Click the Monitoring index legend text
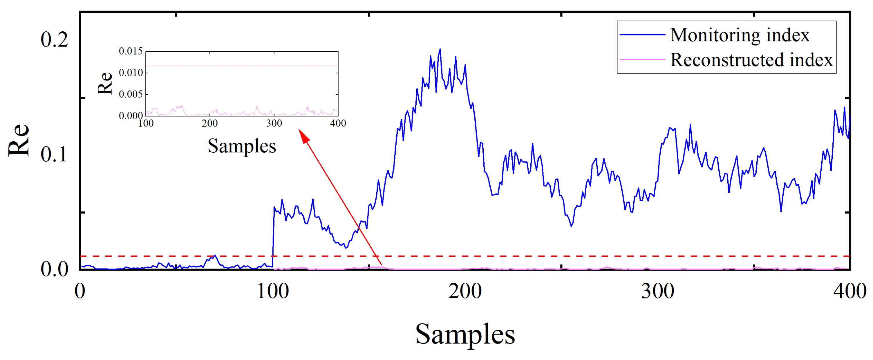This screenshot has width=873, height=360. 740,35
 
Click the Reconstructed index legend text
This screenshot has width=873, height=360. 751,60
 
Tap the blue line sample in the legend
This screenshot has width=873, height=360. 642,35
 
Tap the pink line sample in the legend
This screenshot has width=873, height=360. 642,60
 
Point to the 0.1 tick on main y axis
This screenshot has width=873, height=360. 54,154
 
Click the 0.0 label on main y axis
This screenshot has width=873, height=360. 54,269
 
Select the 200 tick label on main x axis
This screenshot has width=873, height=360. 465,291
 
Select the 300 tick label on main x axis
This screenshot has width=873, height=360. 657,291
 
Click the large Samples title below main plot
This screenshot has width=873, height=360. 465,334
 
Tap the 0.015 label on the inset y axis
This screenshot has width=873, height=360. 131,51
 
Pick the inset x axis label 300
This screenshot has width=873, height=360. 274,123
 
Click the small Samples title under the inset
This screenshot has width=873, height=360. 242,146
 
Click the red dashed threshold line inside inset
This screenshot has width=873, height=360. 242,66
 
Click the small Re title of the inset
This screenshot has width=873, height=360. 105,83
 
